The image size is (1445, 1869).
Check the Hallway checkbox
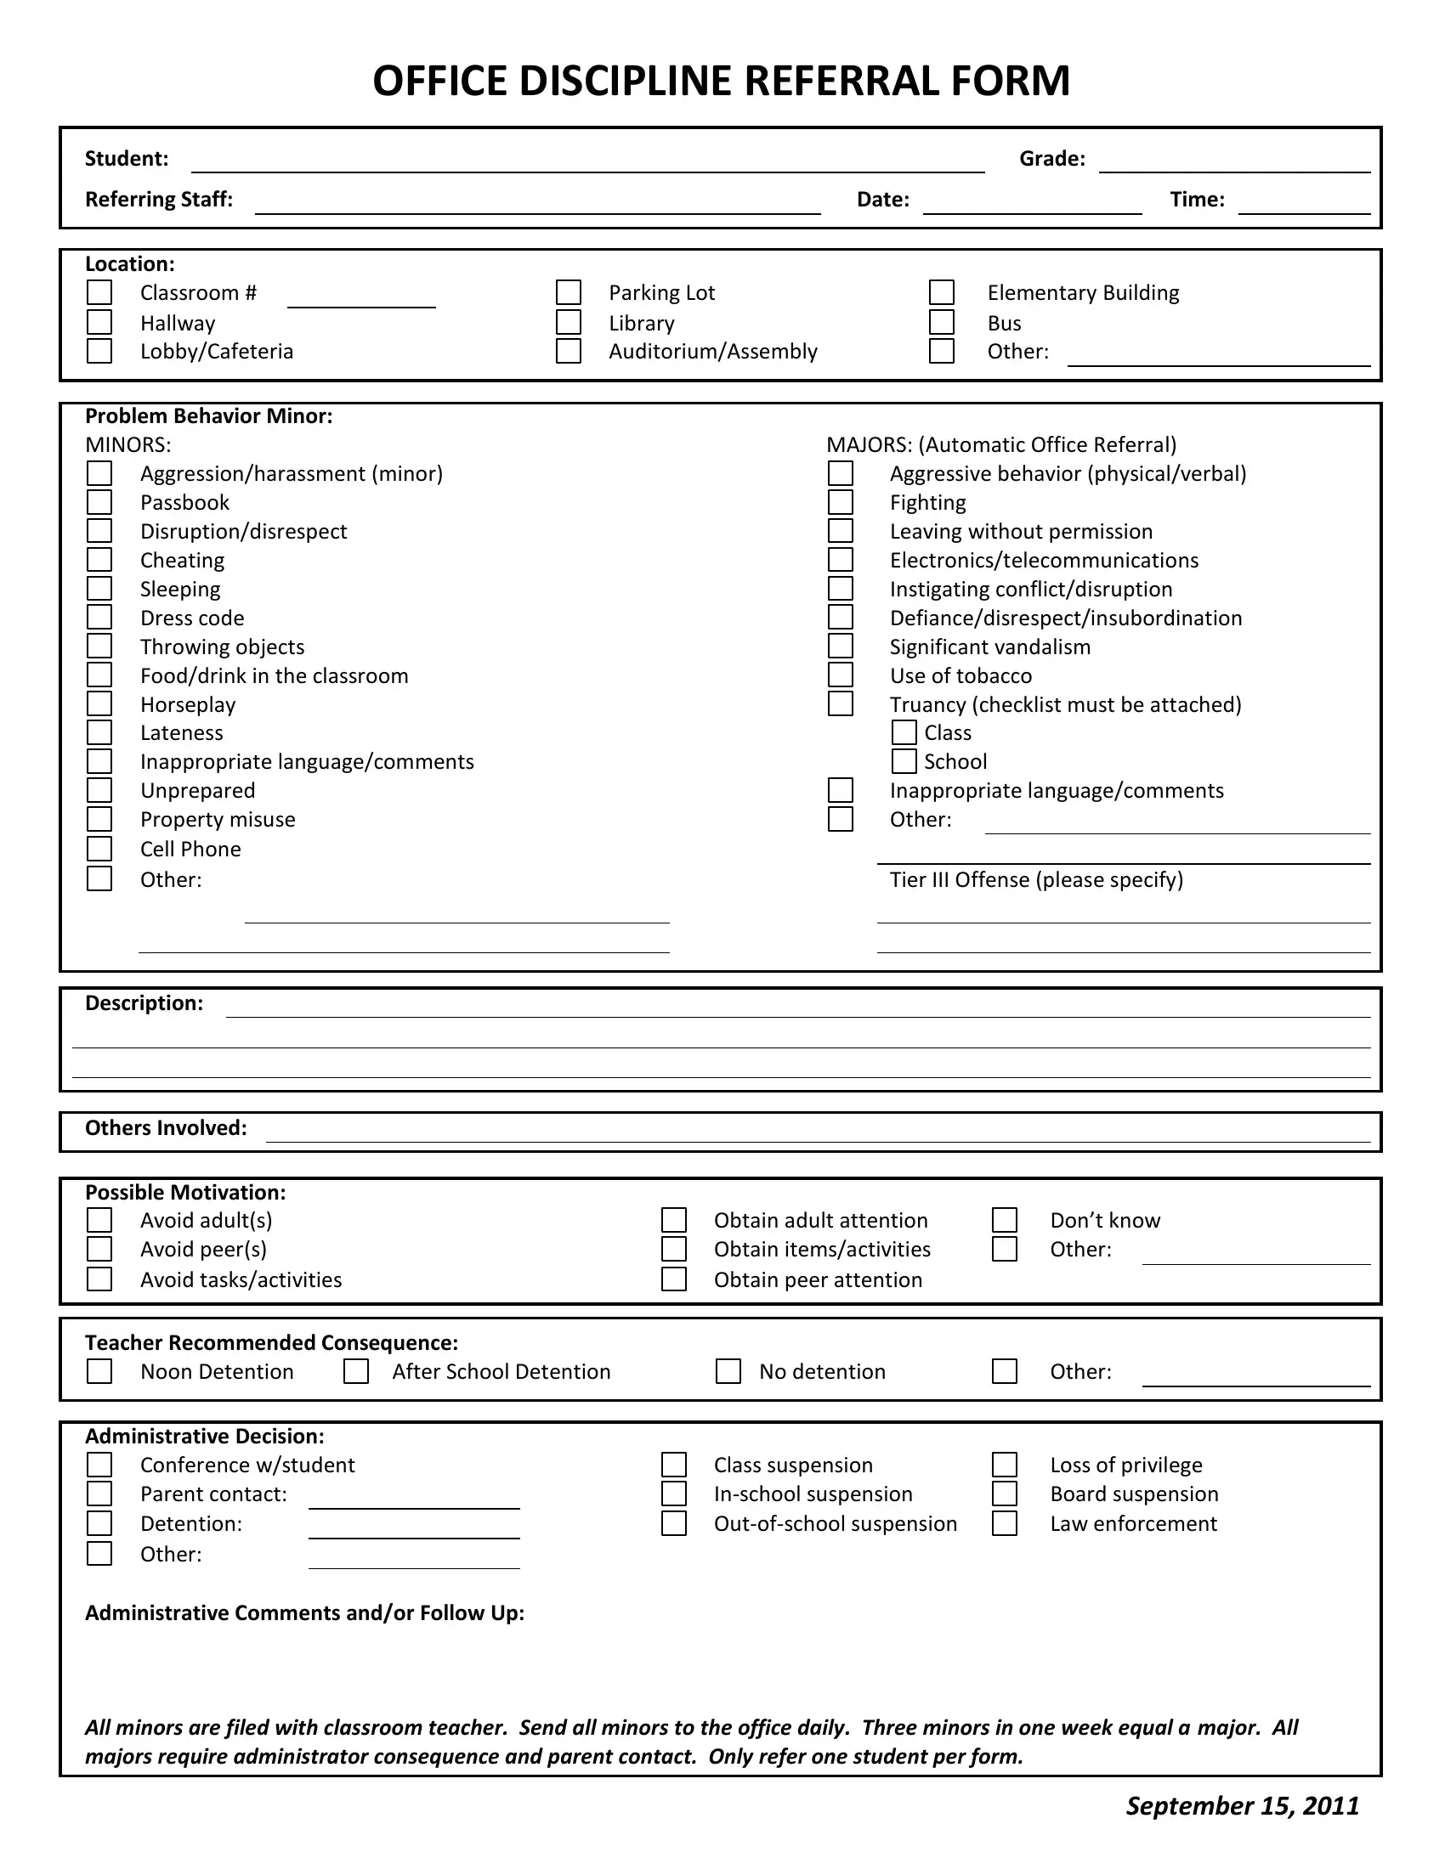pyautogui.click(x=99, y=323)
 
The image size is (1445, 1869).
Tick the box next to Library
pyautogui.click(x=569, y=323)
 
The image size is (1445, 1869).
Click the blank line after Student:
pyautogui.click(x=587, y=162)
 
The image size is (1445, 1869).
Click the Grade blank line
pyautogui.click(x=1233, y=162)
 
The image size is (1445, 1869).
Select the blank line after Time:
pyautogui.click(x=1304, y=204)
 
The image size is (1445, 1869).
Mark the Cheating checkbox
pyautogui.click(x=99, y=560)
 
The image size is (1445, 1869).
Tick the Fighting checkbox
pyautogui.click(x=841, y=502)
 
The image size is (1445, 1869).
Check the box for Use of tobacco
pyautogui.click(x=841, y=675)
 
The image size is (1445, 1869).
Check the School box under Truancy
pyautogui.click(x=904, y=761)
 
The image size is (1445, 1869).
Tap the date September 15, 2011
pyautogui.click(x=1242, y=1805)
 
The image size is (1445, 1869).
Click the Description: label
pyautogui.click(x=144, y=1003)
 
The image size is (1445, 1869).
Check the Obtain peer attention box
pyautogui.click(x=674, y=1279)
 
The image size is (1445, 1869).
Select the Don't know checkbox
pyautogui.click(x=1004, y=1219)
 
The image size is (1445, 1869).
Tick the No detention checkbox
pyautogui.click(x=728, y=1371)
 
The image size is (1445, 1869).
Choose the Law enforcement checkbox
pyautogui.click(x=1004, y=1523)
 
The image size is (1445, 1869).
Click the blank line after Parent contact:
pyautogui.click(x=413, y=1499)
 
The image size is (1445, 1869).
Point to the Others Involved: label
pyautogui.click(x=166, y=1128)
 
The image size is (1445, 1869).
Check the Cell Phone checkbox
pyautogui.click(x=99, y=849)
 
